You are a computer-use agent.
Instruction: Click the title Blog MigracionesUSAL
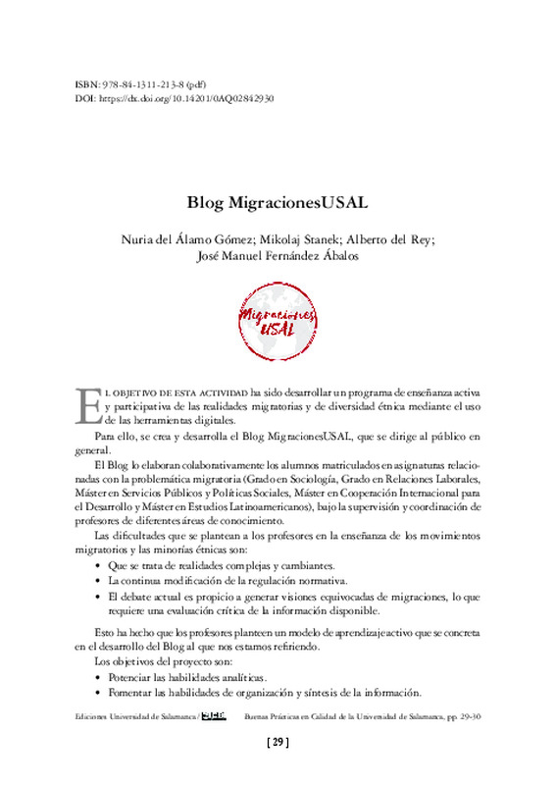278,204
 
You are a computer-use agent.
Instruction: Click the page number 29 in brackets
278,743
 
